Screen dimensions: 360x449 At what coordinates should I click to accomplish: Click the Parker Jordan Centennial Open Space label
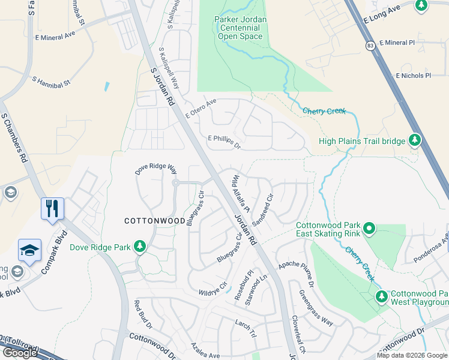click(240, 28)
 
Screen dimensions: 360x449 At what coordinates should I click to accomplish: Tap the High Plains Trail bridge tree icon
click(414, 140)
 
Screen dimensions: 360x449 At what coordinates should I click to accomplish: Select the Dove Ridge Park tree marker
click(140, 247)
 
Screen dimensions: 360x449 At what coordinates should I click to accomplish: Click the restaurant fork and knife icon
click(52, 208)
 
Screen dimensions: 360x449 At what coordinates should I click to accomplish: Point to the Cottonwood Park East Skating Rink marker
click(369, 229)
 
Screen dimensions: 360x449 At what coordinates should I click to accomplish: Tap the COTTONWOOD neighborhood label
click(154, 221)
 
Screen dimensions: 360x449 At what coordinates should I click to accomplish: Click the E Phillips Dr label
click(224, 142)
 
